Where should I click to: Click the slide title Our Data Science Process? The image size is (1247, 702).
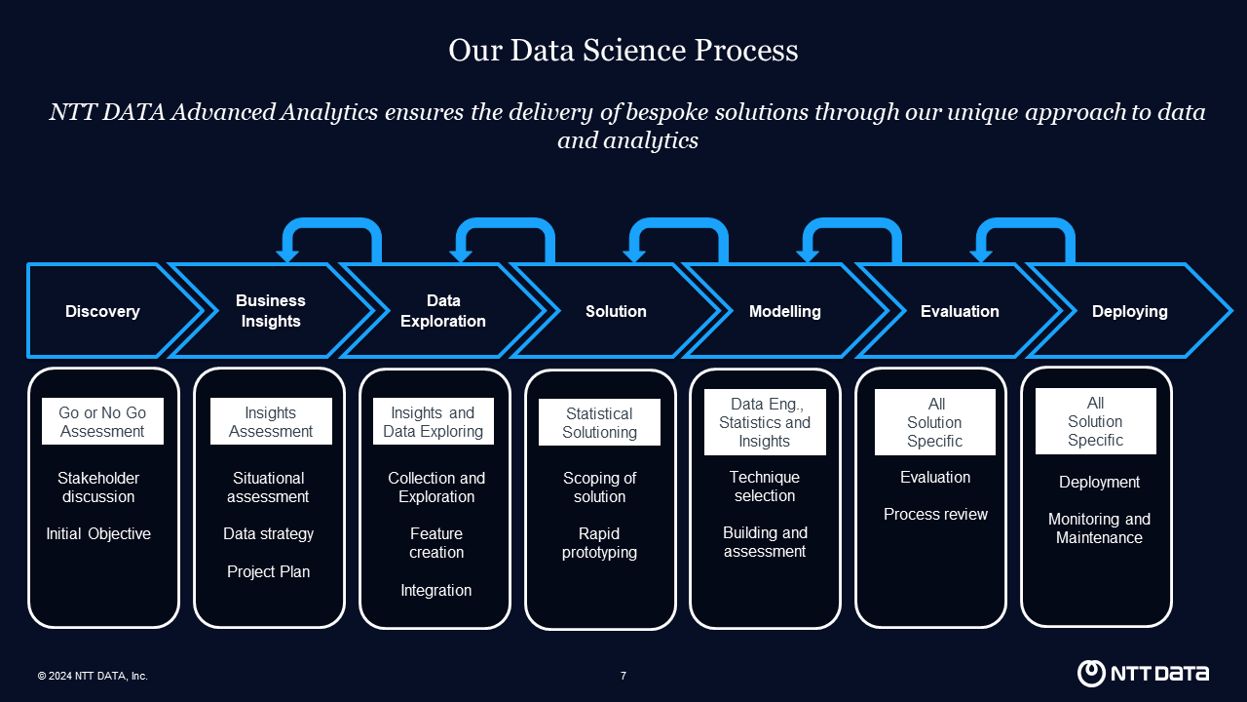coord(623,50)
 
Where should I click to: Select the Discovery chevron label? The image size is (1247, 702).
coord(102,311)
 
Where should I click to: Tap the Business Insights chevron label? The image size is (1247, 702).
coord(271,311)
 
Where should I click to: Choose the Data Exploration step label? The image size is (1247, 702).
coord(443,311)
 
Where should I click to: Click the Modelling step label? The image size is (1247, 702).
coord(785,311)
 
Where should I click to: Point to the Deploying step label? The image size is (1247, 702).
coord(1129,311)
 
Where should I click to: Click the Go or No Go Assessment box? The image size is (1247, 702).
coord(102,421)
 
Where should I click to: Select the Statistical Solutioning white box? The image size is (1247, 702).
coord(599,422)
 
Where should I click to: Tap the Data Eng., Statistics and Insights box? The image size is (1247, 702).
coord(765,422)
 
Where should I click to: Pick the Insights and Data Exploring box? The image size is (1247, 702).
coord(434,421)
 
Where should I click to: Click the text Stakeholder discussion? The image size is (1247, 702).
coord(98,487)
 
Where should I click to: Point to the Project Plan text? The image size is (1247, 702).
coord(268,571)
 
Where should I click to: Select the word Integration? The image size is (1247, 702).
coord(435,591)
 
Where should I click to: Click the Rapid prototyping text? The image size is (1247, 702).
coord(599,543)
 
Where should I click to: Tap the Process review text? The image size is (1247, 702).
coord(935,514)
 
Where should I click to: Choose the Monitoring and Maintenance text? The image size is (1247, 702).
coord(1099,528)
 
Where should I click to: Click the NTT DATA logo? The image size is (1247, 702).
coord(1143,673)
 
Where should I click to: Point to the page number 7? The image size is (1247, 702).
coord(623,676)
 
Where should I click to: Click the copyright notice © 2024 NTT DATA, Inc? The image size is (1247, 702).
coord(93,676)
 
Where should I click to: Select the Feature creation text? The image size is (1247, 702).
coord(435,543)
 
